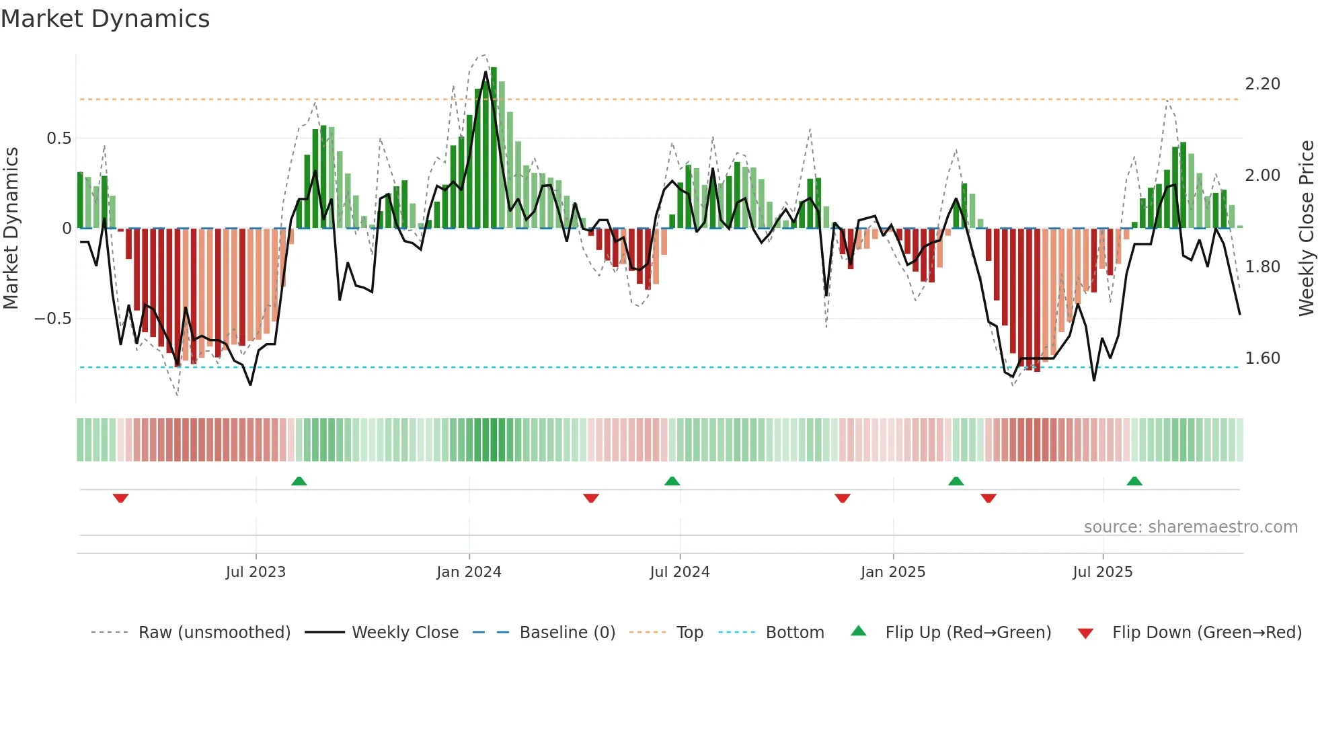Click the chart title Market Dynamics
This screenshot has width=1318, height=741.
tap(106, 19)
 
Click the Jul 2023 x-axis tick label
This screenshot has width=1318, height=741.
tap(256, 572)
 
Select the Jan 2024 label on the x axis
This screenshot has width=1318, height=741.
tap(469, 572)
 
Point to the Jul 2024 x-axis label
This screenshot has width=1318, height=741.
tap(680, 572)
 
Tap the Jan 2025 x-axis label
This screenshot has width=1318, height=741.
tap(893, 572)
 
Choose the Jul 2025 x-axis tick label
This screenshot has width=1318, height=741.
tap(1103, 572)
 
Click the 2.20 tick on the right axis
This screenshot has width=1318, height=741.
tap(1262, 84)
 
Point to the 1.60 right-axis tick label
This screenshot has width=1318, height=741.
tap(1262, 358)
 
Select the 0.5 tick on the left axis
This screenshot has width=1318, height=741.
tap(59, 139)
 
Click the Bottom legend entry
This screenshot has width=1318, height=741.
tap(794, 633)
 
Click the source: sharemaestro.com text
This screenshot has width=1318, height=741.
tap(1190, 527)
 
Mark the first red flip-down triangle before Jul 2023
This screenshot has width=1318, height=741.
tap(120, 498)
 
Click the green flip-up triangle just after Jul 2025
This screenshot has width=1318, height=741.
tap(1134, 481)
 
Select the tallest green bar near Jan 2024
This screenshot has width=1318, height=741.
tap(494, 148)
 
